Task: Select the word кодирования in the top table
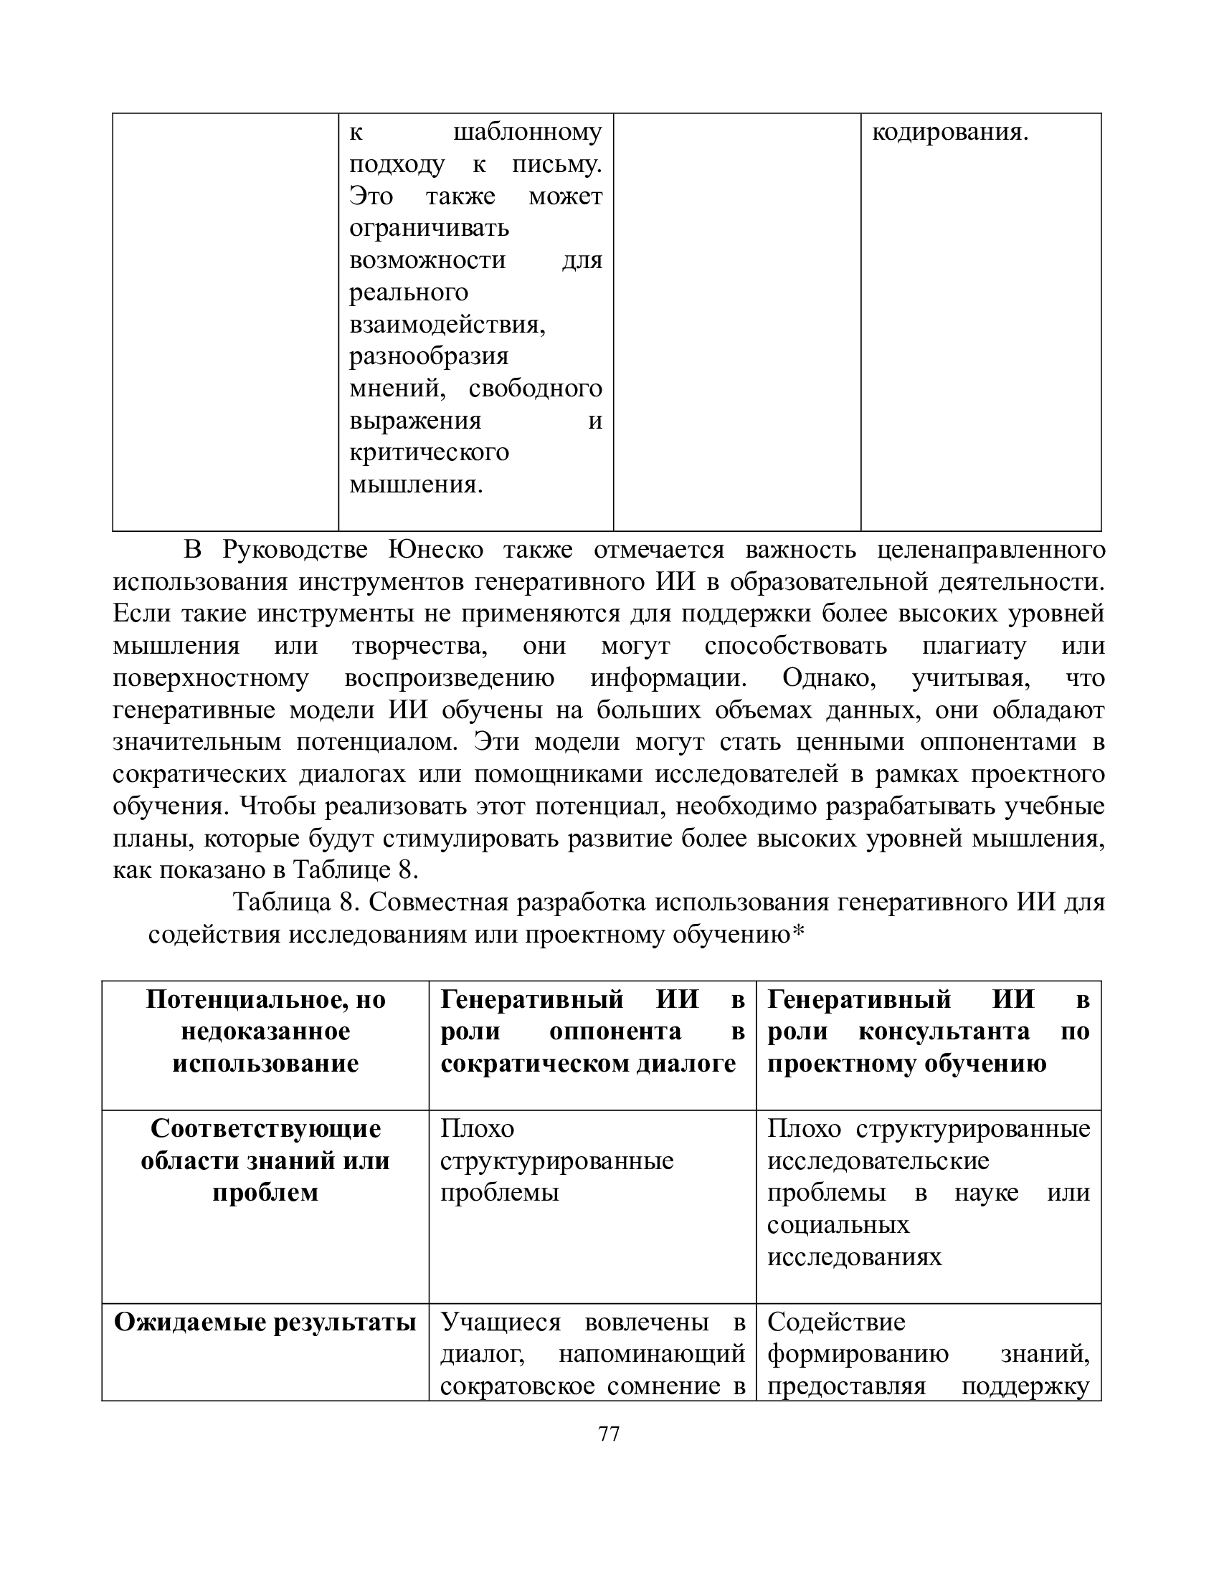click(949, 133)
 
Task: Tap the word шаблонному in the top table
click(527, 133)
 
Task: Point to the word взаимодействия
click(447, 324)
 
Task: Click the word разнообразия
click(429, 356)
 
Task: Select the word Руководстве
click(295, 550)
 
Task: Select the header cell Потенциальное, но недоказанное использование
click(266, 1032)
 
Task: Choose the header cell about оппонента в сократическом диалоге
click(592, 1032)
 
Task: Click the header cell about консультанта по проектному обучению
click(928, 1032)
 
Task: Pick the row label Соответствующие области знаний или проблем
click(266, 1161)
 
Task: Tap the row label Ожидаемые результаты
click(266, 1322)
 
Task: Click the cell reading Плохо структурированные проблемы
click(556, 1161)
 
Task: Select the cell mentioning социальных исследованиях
click(928, 1192)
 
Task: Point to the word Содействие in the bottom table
click(836, 1322)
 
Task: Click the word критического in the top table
click(429, 452)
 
